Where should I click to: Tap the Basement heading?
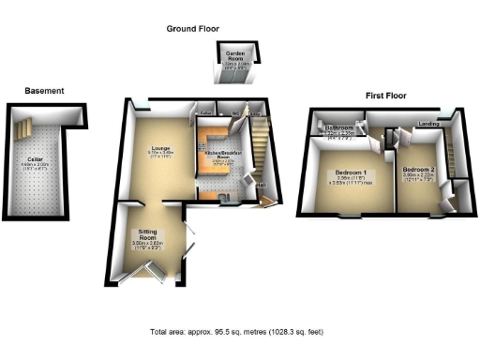(45, 91)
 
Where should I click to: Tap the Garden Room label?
(231, 59)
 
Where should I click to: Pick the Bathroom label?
(339, 127)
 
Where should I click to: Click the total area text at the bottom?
(239, 333)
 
